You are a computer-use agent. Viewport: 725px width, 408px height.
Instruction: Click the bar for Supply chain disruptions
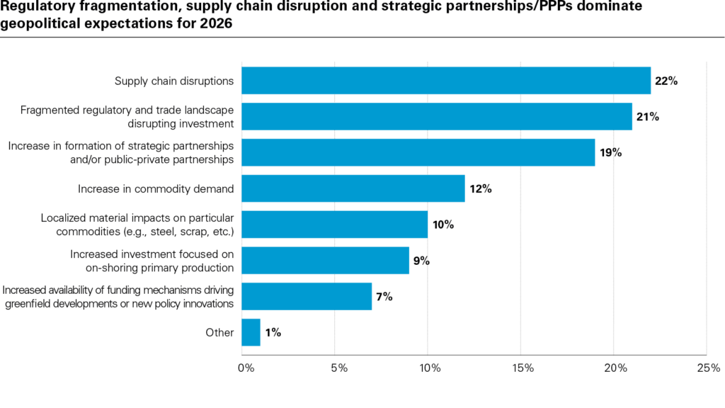point(446,81)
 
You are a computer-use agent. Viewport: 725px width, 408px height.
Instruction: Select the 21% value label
point(647,117)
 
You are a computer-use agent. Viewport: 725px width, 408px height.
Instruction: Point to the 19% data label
point(610,152)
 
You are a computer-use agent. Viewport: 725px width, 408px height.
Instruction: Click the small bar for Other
point(251,332)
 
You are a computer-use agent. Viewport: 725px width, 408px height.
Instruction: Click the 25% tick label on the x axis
point(708,368)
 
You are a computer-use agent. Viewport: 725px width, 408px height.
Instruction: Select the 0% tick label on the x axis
point(245,368)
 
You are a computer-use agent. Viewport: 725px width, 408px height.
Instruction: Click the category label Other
point(220,332)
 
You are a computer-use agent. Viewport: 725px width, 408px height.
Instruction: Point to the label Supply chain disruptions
point(174,81)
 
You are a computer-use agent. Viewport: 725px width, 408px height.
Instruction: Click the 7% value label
point(384,296)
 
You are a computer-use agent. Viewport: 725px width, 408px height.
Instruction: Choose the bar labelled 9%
point(325,260)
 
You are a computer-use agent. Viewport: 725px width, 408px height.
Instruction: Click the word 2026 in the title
point(217,22)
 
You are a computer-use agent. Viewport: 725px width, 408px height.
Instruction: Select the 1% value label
point(273,332)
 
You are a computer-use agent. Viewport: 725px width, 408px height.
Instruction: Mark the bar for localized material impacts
point(334,225)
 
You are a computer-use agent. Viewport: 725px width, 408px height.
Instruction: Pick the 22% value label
point(666,81)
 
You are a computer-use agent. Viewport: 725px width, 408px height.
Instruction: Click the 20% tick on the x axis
point(615,368)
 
